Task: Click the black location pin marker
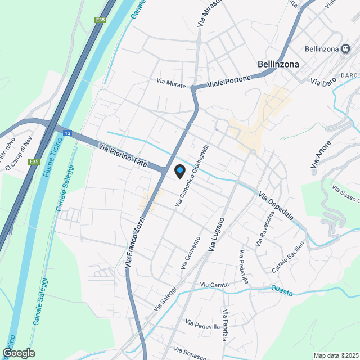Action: tap(179, 171)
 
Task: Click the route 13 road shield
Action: tap(67, 133)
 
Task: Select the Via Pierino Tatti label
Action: tap(123, 156)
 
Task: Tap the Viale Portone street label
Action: tap(229, 82)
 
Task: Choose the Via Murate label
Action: tap(171, 83)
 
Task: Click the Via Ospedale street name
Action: tap(276, 206)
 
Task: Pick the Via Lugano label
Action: tap(217, 234)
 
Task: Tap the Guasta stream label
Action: tap(282, 290)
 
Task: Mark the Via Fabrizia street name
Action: tap(225, 325)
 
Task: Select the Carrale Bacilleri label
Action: tap(287, 258)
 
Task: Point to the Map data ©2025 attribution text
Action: tap(336, 355)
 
